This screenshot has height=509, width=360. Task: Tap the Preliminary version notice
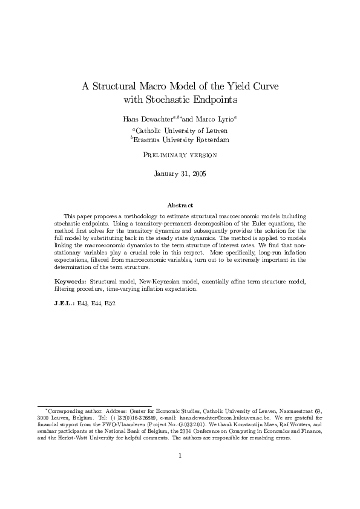click(x=180, y=155)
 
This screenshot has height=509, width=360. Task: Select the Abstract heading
click(x=180, y=206)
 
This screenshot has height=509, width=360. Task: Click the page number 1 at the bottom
click(x=180, y=456)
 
